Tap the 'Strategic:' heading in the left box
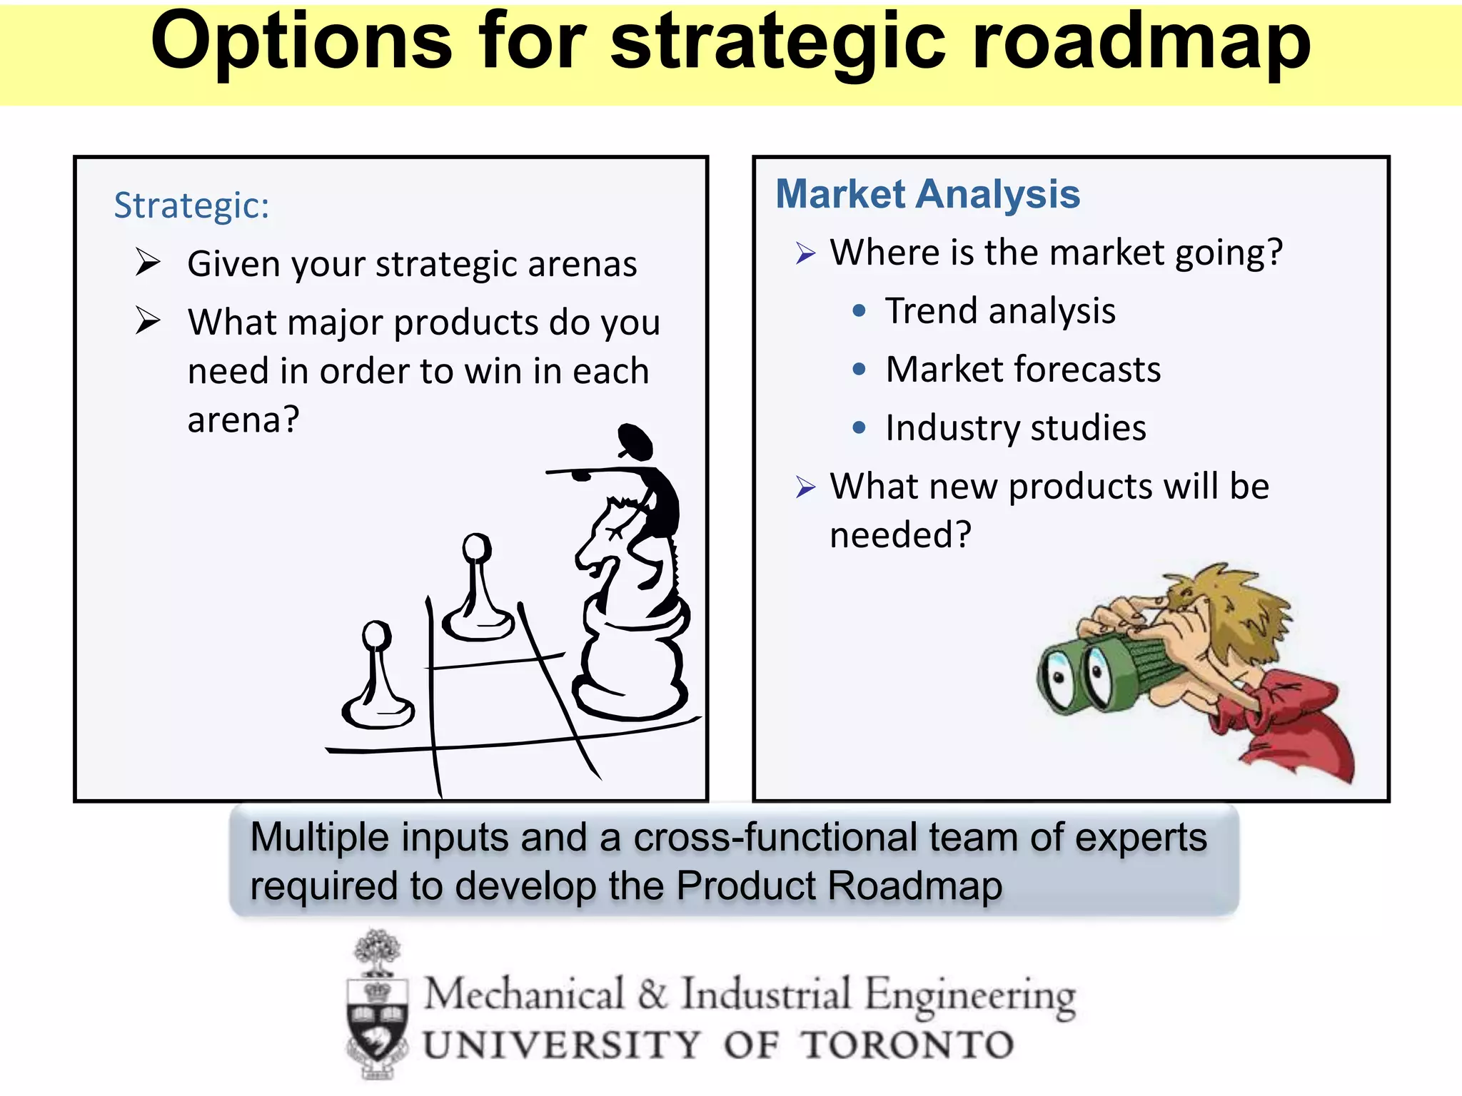point(191,206)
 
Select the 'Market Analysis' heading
point(927,194)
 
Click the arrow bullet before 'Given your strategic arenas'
point(148,263)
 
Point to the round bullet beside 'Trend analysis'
point(859,311)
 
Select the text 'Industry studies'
point(1015,428)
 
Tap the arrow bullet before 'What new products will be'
point(805,487)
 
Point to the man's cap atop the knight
point(635,440)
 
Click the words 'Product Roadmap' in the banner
point(839,886)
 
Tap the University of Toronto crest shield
point(378,1020)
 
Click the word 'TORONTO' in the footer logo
point(907,1045)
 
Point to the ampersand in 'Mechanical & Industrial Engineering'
point(652,994)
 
